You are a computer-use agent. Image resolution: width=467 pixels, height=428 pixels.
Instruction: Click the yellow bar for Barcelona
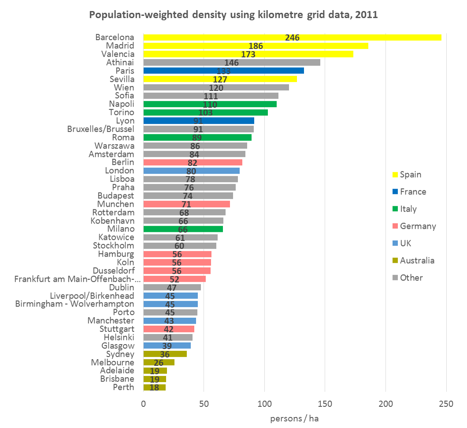pos(292,37)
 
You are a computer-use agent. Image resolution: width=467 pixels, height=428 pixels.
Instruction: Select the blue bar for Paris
pos(223,71)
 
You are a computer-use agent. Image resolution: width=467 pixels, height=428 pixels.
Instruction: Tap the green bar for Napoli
pos(210,104)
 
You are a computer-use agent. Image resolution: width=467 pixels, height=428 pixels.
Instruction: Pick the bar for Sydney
pos(165,354)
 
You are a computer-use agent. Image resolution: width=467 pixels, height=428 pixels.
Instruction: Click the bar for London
pos(191,171)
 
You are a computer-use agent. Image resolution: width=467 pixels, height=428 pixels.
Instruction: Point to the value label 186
pos(256,46)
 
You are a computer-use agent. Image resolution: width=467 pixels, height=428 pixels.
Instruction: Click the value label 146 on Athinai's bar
pos(231,63)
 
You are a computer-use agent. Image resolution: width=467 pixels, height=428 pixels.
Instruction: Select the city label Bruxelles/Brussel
pos(101,129)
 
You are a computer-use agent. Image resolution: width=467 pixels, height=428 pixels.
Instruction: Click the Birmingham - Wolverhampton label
pos(74,304)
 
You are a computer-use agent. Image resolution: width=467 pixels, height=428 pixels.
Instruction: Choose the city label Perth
pos(123,387)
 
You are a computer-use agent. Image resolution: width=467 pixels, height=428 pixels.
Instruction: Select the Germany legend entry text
pos(418,226)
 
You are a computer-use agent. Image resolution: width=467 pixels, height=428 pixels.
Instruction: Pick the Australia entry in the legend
pos(417,261)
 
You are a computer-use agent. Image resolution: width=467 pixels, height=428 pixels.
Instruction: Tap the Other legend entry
pos(411,278)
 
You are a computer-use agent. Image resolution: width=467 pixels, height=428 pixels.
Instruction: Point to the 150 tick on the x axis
pos(325,403)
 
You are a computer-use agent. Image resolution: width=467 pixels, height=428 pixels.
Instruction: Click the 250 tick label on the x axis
pos(446,403)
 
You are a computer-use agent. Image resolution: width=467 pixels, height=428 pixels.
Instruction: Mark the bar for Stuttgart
pos(169,329)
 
